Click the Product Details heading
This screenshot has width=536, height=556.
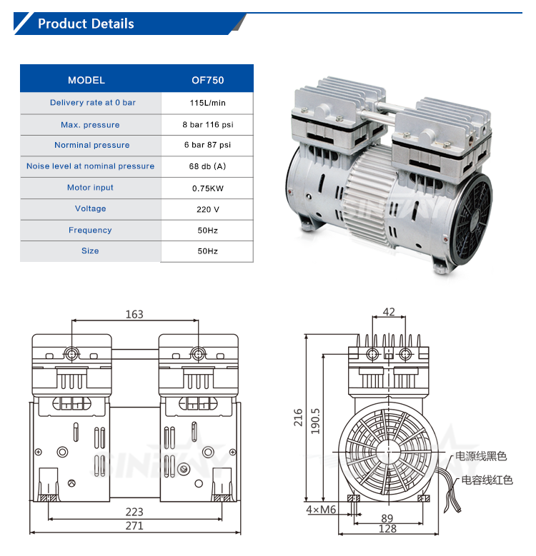pyautogui.click(x=86, y=24)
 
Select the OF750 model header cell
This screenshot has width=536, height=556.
pyautogui.click(x=207, y=80)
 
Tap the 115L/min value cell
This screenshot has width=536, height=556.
pyautogui.click(x=207, y=103)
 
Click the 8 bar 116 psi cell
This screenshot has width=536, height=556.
pyautogui.click(x=207, y=125)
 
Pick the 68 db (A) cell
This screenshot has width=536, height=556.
pyautogui.click(x=207, y=166)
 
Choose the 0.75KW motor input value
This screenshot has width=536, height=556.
pyautogui.click(x=207, y=188)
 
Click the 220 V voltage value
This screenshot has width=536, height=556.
pyautogui.click(x=207, y=209)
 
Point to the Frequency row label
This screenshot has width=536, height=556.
pyautogui.click(x=90, y=230)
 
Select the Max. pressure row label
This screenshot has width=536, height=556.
pyautogui.click(x=90, y=125)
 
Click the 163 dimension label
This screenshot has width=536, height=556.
pyautogui.click(x=134, y=314)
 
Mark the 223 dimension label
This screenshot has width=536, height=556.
pyautogui.click(x=134, y=512)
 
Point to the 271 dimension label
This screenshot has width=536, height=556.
pyautogui.click(x=134, y=526)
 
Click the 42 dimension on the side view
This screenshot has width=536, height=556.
pyautogui.click(x=389, y=312)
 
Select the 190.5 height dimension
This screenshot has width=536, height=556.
pyautogui.click(x=315, y=421)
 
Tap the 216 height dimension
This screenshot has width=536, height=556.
pyautogui.click(x=299, y=416)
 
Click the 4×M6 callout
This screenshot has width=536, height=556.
pyautogui.click(x=321, y=510)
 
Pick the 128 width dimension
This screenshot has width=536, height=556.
pyautogui.click(x=388, y=529)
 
